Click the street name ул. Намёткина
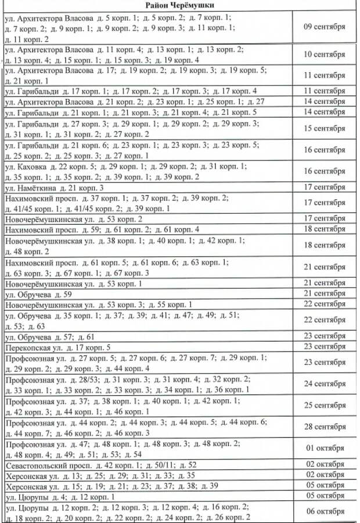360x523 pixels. click(28, 188)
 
